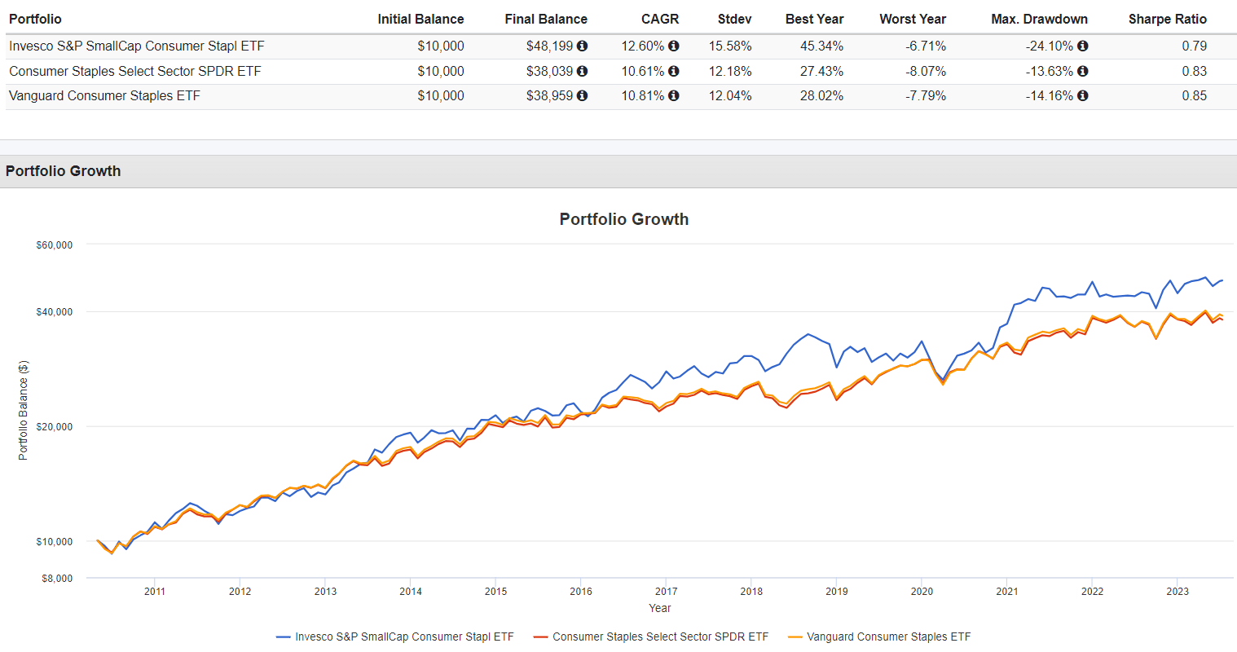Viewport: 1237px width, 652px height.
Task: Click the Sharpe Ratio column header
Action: (x=1167, y=19)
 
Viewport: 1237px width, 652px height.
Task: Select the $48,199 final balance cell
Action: (x=549, y=46)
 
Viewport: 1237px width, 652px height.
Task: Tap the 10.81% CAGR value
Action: (x=642, y=96)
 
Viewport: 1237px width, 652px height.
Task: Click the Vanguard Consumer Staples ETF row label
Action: (x=104, y=96)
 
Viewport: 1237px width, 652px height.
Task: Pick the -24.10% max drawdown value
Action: (x=1050, y=46)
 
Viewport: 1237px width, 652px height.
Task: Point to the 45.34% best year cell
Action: (x=821, y=46)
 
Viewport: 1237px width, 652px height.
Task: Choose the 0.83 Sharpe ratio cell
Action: (x=1194, y=72)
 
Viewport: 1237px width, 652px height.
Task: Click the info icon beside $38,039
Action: (x=583, y=72)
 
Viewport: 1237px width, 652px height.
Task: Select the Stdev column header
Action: (x=734, y=19)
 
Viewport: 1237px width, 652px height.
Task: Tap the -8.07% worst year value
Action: (x=926, y=72)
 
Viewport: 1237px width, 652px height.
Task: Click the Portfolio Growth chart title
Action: (x=623, y=219)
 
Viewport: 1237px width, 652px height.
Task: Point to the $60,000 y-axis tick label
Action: (x=55, y=245)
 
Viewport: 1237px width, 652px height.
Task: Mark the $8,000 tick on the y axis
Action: (x=57, y=579)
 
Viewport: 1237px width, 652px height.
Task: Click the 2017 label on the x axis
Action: (x=666, y=592)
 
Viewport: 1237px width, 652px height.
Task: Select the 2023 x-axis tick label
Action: (x=1177, y=592)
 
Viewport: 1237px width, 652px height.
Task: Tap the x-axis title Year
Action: (x=659, y=608)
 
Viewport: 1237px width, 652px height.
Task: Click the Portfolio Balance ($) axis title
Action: (x=23, y=410)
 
